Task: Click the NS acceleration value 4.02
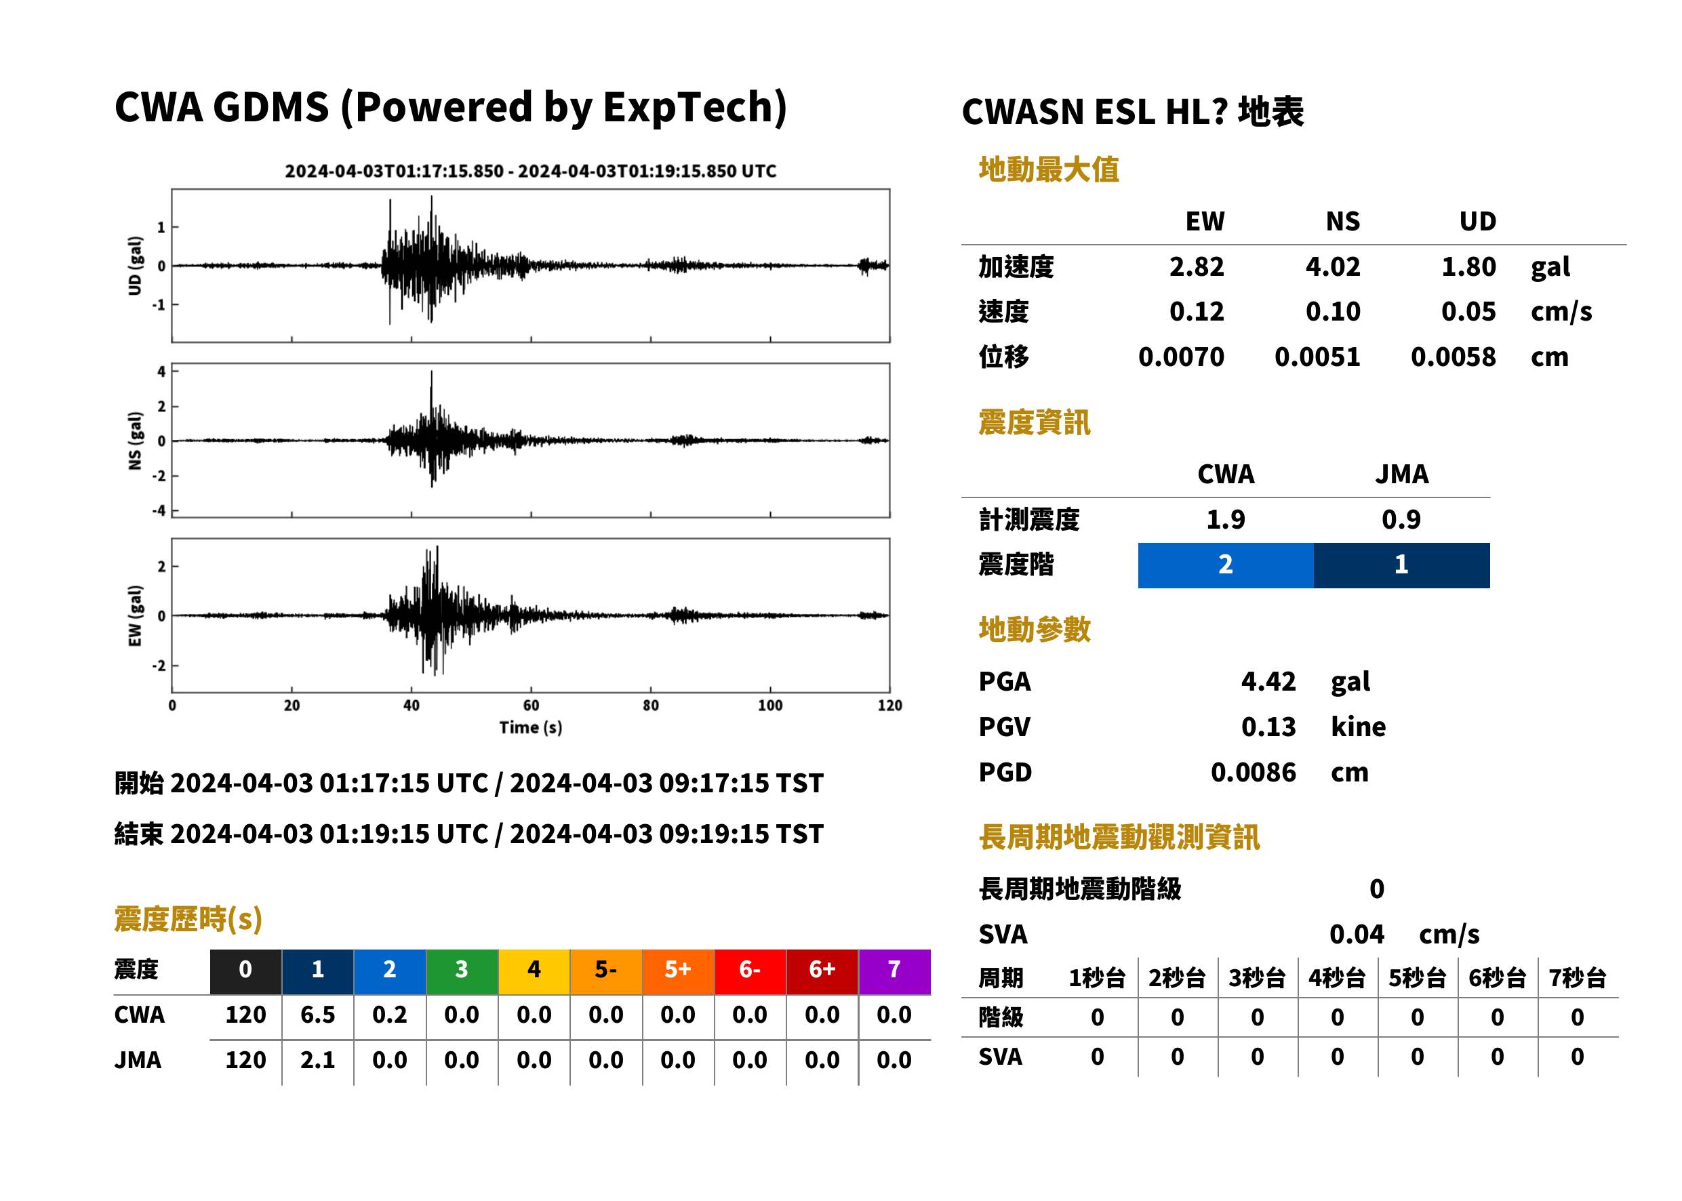[x=1332, y=267]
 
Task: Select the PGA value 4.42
[x=1268, y=681]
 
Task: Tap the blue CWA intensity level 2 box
[x=1226, y=565]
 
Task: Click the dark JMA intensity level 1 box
[x=1402, y=565]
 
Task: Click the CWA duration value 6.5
[x=317, y=1015]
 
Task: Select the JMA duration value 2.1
[x=317, y=1060]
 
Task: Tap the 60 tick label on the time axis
[x=531, y=706]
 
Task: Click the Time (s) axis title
[x=530, y=728]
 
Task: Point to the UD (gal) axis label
[x=135, y=266]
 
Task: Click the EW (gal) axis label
[x=135, y=616]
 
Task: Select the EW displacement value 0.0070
[x=1181, y=357]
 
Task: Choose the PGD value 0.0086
[x=1253, y=773]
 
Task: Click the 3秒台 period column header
[x=1258, y=979]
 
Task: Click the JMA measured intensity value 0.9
[x=1401, y=520]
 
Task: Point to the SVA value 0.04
[x=1357, y=935]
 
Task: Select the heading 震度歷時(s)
[x=188, y=919]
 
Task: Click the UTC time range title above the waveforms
[x=530, y=171]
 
